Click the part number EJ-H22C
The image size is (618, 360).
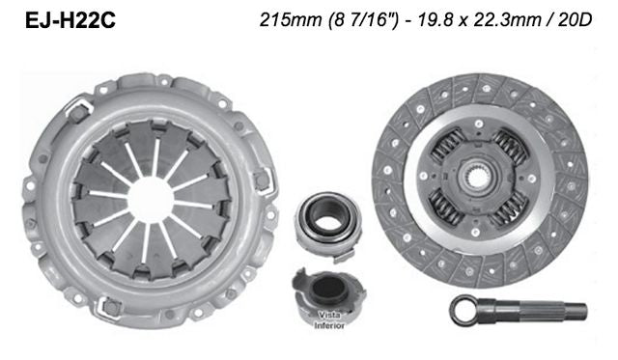[69, 20]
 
